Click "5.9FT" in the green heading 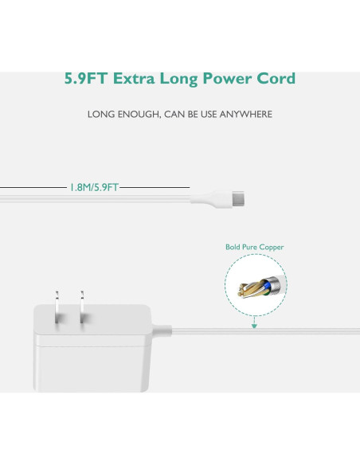86,79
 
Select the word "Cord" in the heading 276,79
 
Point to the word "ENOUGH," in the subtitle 137,115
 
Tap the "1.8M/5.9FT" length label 94,187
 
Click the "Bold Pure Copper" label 254,248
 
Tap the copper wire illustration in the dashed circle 255,285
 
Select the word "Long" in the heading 182,79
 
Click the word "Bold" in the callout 233,248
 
